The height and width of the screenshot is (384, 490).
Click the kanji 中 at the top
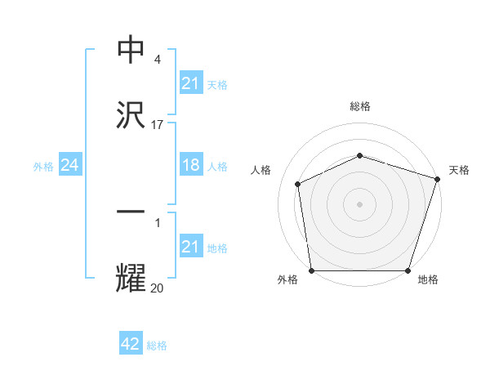click(131, 50)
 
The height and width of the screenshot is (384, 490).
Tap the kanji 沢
click(131, 115)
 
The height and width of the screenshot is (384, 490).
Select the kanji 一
click(131, 212)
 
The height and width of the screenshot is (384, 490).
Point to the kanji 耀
click(131, 278)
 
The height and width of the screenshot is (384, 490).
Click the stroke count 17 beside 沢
click(158, 125)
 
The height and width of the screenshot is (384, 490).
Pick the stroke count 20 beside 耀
click(158, 288)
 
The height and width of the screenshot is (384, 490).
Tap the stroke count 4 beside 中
click(158, 60)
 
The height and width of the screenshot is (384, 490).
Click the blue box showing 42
click(131, 344)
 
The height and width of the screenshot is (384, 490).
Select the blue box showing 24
click(70, 166)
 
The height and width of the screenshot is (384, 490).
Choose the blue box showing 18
click(190, 166)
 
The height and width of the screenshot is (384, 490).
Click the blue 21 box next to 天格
click(190, 83)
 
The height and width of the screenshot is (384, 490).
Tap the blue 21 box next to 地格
click(190, 247)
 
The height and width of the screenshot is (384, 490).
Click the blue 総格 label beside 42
click(157, 346)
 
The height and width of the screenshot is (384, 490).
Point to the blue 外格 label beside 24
click(43, 167)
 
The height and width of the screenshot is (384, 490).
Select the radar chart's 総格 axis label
click(359, 106)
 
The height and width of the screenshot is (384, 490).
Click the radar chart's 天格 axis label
click(459, 170)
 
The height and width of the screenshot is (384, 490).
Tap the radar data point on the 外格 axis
click(312, 270)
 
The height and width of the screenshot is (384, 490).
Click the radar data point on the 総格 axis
click(359, 154)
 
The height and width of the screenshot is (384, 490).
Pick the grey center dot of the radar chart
click(359, 204)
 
